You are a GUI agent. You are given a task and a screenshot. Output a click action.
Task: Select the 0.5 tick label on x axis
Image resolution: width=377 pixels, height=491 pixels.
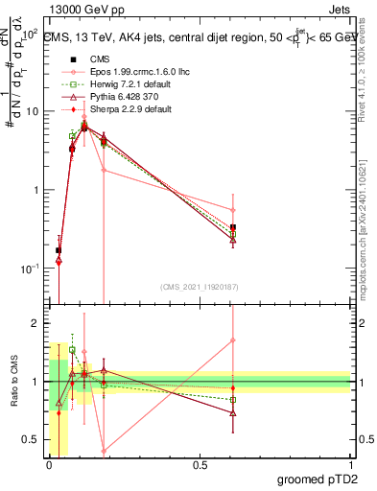coord(200,464)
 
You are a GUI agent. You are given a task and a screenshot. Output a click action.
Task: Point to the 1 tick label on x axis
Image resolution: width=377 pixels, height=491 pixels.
coord(350,464)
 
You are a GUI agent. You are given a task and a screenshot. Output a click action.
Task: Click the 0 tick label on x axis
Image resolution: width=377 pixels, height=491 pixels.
coord(50,464)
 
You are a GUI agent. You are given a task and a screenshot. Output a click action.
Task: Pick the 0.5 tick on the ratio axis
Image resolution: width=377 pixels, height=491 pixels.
coord(32,439)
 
